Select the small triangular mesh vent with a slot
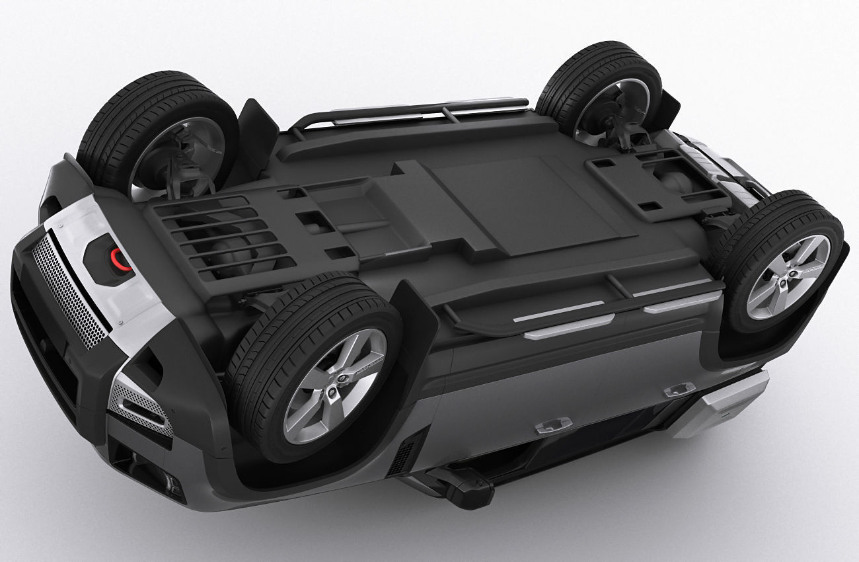pyautogui.click(x=141, y=403)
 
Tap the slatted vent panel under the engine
pyautogui.click(x=218, y=235)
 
